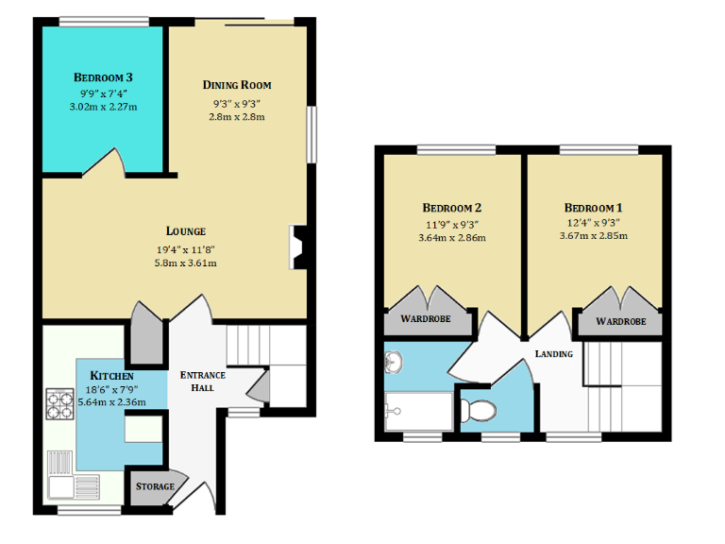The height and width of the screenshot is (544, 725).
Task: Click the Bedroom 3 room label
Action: (103, 76)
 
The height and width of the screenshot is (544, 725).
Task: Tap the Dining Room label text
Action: (236, 85)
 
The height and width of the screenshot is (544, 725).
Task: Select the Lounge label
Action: (186, 230)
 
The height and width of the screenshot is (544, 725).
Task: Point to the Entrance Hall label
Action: (196, 381)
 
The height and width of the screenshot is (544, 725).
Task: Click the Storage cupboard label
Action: (155, 486)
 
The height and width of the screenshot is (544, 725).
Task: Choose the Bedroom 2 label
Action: (452, 208)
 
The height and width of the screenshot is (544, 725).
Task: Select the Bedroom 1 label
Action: (593, 208)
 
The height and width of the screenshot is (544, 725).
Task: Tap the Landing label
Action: (553, 353)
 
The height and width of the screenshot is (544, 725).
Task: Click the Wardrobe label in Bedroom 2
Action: (426, 320)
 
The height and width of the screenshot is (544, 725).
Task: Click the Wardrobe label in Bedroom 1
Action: (620, 321)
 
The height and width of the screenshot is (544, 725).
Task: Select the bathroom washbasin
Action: (396, 361)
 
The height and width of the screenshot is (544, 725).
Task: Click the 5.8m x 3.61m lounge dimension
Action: (186, 263)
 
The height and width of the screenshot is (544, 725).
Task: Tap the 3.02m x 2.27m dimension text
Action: (103, 107)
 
